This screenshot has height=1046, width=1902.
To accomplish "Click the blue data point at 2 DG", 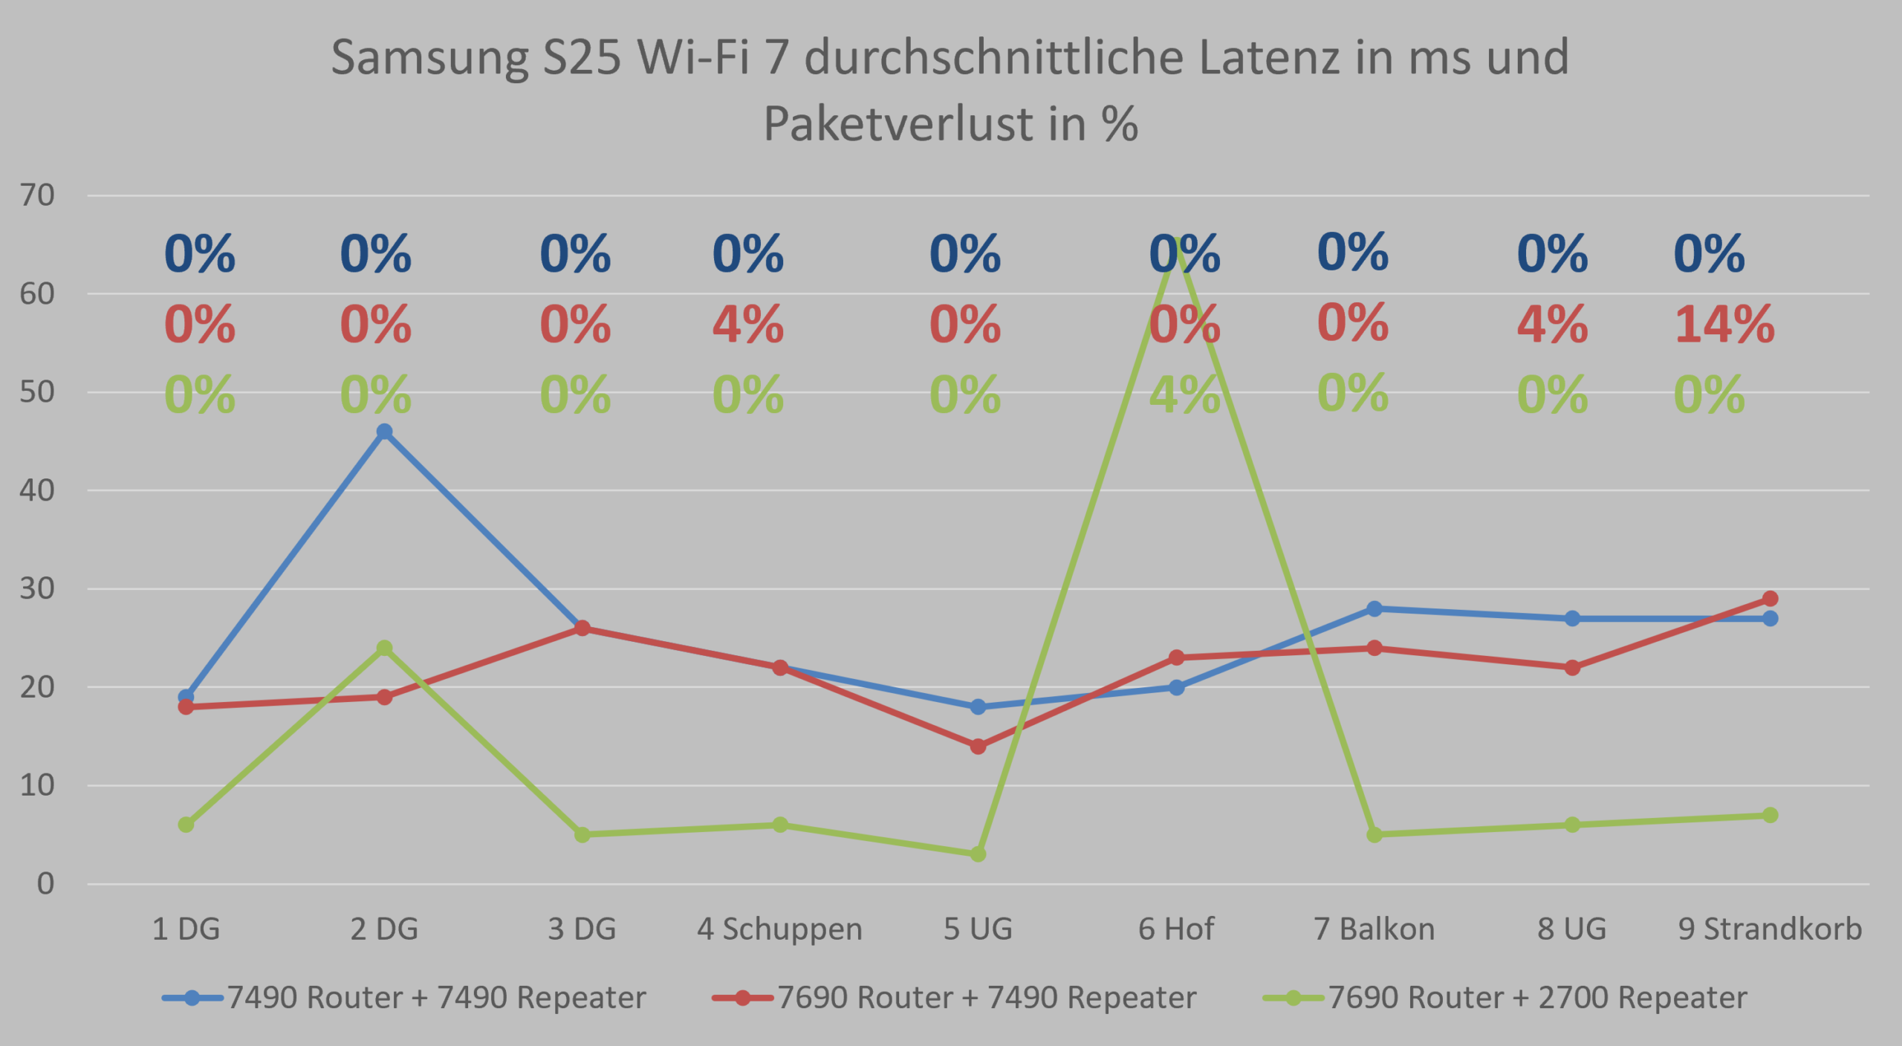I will pyautogui.click(x=384, y=432).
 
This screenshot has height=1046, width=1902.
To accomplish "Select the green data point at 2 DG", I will pyautogui.click(x=384, y=649).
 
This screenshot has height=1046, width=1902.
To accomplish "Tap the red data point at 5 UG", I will pyautogui.click(x=978, y=746).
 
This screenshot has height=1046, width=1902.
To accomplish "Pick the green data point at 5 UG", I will pyautogui.click(x=978, y=854).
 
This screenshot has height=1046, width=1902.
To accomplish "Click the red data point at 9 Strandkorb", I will pyautogui.click(x=1770, y=599).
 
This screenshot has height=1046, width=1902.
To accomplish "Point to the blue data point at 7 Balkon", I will pyautogui.click(x=1374, y=608).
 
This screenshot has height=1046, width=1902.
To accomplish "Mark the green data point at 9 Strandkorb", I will pyautogui.click(x=1770, y=815).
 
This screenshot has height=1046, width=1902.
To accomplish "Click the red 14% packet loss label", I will pyautogui.click(x=1724, y=325).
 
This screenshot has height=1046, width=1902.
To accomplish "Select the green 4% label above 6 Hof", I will pyautogui.click(x=1184, y=394).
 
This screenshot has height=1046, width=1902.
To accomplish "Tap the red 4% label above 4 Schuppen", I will pyautogui.click(x=747, y=325).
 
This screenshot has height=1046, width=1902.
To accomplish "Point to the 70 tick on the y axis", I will pyautogui.click(x=37, y=195).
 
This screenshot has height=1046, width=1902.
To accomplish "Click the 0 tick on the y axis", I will pyautogui.click(x=45, y=883).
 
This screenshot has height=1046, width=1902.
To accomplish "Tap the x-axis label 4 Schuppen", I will pyautogui.click(x=779, y=929).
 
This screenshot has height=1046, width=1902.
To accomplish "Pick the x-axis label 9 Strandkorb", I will pyautogui.click(x=1770, y=929).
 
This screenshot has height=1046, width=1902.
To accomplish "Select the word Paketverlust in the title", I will pyautogui.click(x=898, y=123).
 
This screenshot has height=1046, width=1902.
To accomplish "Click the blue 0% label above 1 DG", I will pyautogui.click(x=199, y=254).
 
